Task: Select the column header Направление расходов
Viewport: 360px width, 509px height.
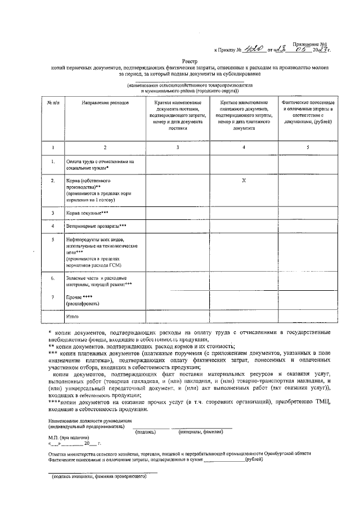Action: point(105,103)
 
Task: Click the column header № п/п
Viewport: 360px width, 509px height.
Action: point(53,103)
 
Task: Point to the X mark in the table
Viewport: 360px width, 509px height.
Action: point(244,181)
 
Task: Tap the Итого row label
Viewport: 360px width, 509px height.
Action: point(72,317)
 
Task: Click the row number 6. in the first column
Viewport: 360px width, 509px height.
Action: point(53,278)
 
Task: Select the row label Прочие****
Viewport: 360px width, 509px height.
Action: point(79,296)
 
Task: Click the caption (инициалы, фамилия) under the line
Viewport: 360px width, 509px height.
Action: point(201,432)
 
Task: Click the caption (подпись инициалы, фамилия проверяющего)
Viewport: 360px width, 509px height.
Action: point(99,477)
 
